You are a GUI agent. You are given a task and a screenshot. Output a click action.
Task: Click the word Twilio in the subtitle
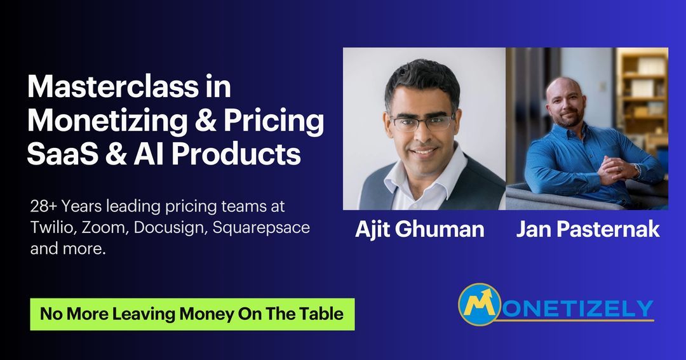[50, 228]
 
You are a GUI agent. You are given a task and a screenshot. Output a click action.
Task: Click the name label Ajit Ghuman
[419, 229]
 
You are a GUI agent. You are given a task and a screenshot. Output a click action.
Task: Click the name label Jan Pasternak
[588, 229]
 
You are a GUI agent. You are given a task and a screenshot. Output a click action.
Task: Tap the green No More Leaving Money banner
[192, 314]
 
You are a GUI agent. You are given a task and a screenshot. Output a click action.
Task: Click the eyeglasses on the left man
[422, 122]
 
